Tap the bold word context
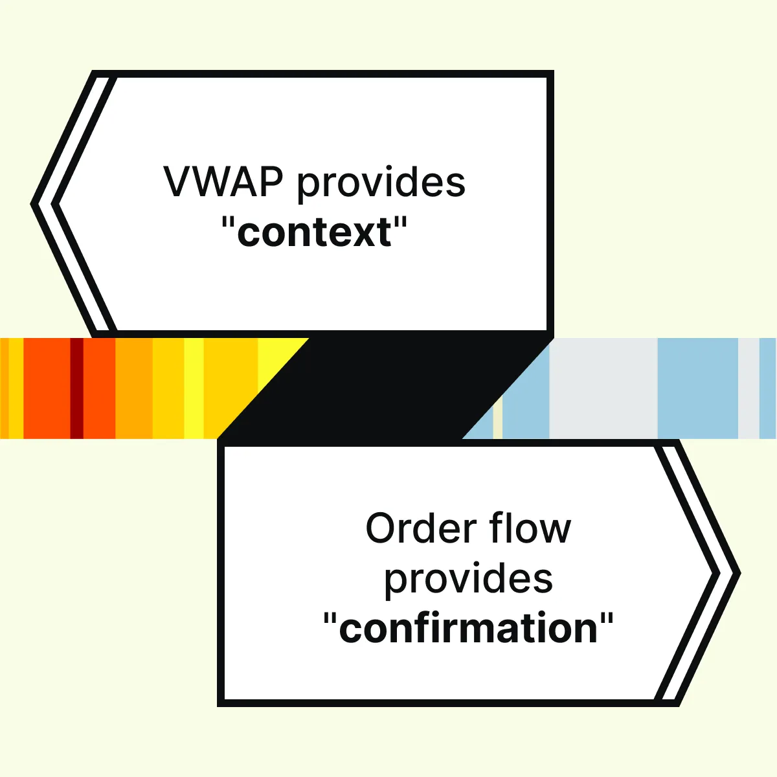(x=315, y=232)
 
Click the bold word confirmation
(x=468, y=629)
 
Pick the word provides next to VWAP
(x=381, y=183)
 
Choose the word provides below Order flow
(x=468, y=580)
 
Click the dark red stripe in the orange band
(x=76, y=388)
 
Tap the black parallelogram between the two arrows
(x=385, y=388)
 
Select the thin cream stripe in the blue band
(x=497, y=421)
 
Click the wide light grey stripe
(x=603, y=388)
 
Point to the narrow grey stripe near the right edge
(x=748, y=388)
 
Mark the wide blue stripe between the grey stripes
(x=697, y=388)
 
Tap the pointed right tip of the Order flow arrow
(x=738, y=574)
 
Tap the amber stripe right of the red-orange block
(x=134, y=388)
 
